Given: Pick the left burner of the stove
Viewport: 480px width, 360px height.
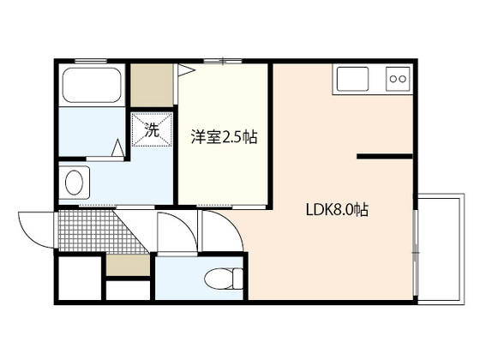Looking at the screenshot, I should (393, 80).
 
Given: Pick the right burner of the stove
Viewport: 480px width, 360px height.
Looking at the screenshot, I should (403, 80).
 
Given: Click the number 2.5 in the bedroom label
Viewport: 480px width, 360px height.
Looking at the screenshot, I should (233, 135).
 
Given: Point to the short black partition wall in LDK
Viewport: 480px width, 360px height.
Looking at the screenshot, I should (383, 157).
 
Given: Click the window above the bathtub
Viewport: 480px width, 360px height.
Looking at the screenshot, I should (89, 61).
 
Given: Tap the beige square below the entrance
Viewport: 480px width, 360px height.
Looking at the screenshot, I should (128, 264).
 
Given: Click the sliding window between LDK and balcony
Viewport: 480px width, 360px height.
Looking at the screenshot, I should (416, 248).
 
